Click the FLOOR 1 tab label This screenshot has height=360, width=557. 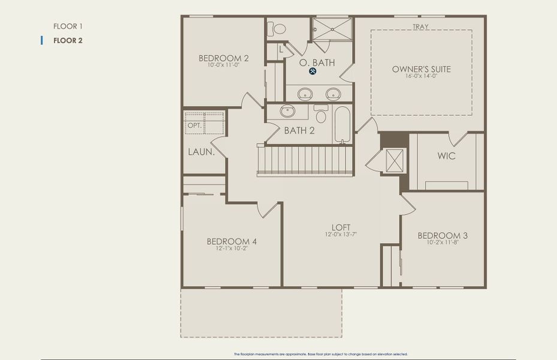67,26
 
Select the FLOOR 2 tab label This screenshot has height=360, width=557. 68,41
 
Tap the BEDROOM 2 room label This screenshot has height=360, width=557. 224,58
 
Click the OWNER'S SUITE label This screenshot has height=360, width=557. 421,69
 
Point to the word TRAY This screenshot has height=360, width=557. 420,26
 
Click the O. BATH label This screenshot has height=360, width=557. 317,62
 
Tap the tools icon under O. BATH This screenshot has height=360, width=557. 313,71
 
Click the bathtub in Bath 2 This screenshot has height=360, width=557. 342,124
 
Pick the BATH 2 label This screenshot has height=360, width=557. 299,130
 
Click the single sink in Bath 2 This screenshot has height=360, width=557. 288,111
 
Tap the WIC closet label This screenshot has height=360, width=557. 446,156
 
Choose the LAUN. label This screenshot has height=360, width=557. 201,152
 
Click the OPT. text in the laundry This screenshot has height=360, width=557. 194,125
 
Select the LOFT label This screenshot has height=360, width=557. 341,227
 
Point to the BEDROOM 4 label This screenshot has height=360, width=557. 231,241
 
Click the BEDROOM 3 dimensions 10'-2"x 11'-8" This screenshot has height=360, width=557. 442,243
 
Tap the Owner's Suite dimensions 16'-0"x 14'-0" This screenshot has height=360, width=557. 421,76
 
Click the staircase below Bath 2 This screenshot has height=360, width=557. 305,160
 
